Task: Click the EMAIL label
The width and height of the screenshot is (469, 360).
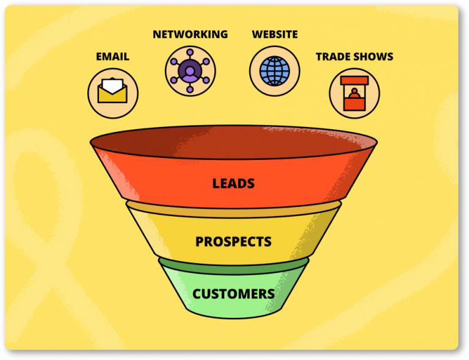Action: click(112, 57)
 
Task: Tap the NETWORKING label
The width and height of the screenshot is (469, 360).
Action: click(191, 34)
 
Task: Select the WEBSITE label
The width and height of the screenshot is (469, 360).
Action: click(275, 34)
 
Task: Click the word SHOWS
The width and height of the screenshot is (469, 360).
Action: click(372, 57)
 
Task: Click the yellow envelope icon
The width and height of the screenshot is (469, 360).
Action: click(112, 90)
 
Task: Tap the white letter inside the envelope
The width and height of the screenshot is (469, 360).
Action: click(112, 85)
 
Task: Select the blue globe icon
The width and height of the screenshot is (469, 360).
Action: click(275, 71)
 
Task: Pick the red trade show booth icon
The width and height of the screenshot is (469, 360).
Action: click(354, 93)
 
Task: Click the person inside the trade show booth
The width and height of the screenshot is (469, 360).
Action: click(354, 93)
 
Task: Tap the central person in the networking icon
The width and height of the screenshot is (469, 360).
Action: click(190, 71)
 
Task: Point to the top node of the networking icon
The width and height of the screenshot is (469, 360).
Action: click(190, 52)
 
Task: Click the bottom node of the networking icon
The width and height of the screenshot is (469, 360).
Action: click(190, 90)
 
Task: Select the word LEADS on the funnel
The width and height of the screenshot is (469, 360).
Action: click(233, 184)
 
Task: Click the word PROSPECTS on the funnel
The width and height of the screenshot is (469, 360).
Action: click(233, 242)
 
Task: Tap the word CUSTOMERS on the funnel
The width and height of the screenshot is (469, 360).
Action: click(233, 294)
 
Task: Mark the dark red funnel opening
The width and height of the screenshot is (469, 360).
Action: click(234, 142)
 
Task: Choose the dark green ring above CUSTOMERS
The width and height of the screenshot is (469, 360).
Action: click(234, 267)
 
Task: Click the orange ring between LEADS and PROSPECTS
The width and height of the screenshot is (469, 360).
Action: click(234, 210)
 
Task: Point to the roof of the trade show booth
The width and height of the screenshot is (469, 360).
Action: click(354, 80)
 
